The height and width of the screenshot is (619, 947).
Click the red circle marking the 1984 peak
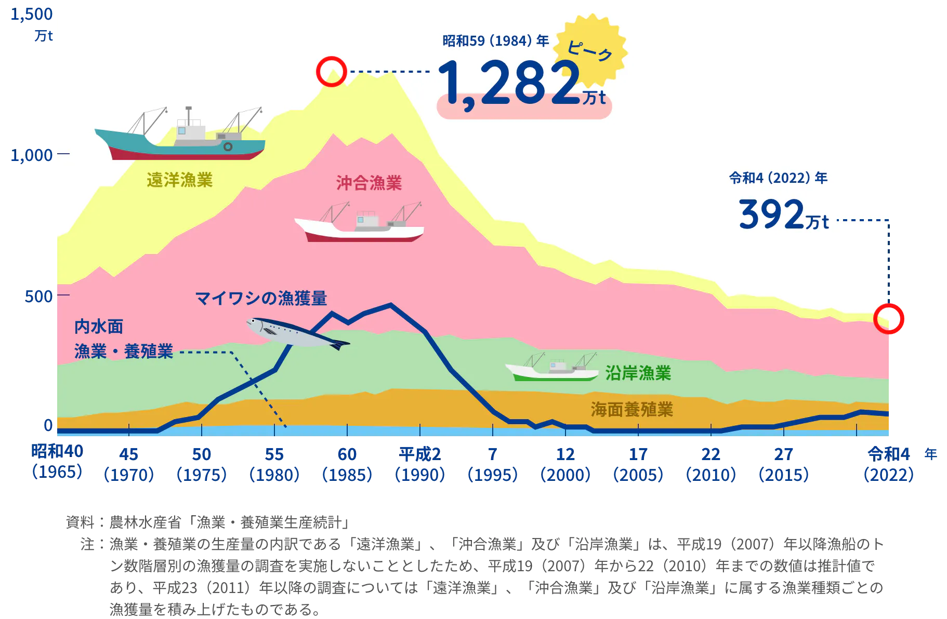coord(331,71)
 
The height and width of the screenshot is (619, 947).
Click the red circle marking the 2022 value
coord(888,318)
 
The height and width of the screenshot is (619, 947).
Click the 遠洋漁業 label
coord(179,180)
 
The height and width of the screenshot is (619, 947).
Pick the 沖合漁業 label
coord(369,183)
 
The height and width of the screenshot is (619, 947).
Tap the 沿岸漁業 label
coord(638,373)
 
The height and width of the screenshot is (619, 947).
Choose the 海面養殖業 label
coord(632,410)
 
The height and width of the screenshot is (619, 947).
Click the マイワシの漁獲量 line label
coord(261,298)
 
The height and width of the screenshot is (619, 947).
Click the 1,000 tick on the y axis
coord(31,154)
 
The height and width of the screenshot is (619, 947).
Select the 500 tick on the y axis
coord(38,296)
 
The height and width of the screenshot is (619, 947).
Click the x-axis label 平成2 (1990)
coord(420,464)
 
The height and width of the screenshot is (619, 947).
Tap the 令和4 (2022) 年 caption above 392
coord(778,178)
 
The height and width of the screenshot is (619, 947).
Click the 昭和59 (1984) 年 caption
coord(495,41)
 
